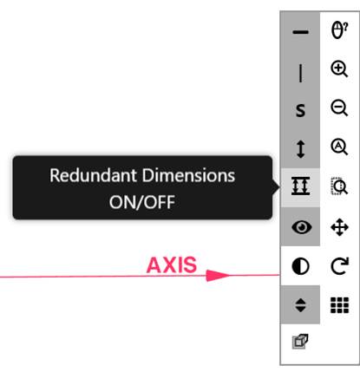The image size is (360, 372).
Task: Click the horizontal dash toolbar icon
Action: [300, 32]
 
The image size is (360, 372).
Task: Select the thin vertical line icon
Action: [301, 73]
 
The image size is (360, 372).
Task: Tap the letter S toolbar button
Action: [300, 110]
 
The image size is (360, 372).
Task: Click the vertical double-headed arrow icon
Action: [301, 149]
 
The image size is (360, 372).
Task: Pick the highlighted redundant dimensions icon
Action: [301, 186]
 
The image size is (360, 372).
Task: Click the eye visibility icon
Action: [302, 227]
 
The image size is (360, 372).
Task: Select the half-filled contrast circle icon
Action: [300, 266]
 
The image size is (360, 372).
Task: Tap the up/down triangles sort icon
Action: [301, 305]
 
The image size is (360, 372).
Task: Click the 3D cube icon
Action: [300, 342]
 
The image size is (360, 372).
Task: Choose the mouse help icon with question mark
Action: [339, 30]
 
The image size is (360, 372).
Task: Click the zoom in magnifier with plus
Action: [339, 69]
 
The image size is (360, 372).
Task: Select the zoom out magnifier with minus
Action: [339, 108]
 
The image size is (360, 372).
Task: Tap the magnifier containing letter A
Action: [339, 147]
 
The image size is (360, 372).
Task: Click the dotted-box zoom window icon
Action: [339, 186]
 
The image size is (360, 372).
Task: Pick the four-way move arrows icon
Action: [339, 227]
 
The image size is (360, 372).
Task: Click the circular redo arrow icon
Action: [340, 265]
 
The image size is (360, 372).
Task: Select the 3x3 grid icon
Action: [339, 305]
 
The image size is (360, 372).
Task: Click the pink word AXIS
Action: [172, 265]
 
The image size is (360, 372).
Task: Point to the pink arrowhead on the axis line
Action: [218, 276]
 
